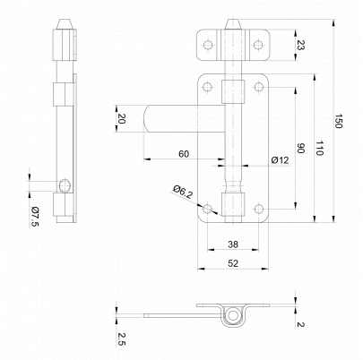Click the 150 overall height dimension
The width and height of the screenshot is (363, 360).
338,121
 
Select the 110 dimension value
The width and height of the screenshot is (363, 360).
319,148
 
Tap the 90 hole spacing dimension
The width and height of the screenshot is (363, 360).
300,148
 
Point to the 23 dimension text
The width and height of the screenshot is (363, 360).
300,46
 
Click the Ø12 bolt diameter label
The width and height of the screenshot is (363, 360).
281,160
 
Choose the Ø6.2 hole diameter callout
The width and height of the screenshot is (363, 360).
183,192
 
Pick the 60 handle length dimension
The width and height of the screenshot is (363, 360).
184,154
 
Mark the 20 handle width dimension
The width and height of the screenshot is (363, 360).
121,118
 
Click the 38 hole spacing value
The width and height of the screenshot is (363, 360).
233,244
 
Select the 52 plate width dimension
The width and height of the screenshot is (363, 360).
233,263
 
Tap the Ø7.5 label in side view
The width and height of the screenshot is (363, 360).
34,217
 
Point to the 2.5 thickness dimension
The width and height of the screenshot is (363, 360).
121,339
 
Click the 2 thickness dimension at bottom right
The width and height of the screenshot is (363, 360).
300,324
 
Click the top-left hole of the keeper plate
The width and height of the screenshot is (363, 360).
208,45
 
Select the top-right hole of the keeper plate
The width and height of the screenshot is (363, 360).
258,45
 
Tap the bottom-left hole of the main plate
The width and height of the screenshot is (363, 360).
208,209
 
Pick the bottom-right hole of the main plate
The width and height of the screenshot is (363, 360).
258,209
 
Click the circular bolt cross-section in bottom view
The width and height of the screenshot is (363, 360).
233,316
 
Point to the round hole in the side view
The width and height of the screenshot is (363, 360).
65,185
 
